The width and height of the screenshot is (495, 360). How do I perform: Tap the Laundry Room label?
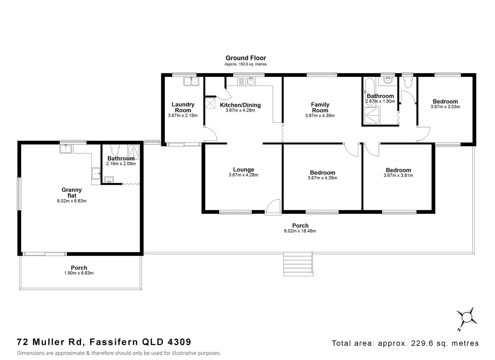click(183, 107)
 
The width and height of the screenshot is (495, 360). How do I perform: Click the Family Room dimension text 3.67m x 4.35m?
click(320, 115)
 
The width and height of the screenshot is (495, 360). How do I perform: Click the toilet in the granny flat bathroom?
click(115, 150)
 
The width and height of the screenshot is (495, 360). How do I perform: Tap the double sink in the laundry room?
click(191, 82)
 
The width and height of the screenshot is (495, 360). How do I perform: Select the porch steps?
click(298, 264)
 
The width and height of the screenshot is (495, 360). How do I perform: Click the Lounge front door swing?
click(273, 207)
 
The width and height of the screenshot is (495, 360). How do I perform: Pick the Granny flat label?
click(72, 193)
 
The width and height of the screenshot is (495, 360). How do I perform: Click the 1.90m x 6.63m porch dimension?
click(79, 273)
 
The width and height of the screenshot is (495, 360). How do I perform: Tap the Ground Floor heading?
click(246, 58)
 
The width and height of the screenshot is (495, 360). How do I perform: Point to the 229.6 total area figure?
click(422, 343)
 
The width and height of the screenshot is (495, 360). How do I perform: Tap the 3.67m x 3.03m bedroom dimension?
click(445, 107)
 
